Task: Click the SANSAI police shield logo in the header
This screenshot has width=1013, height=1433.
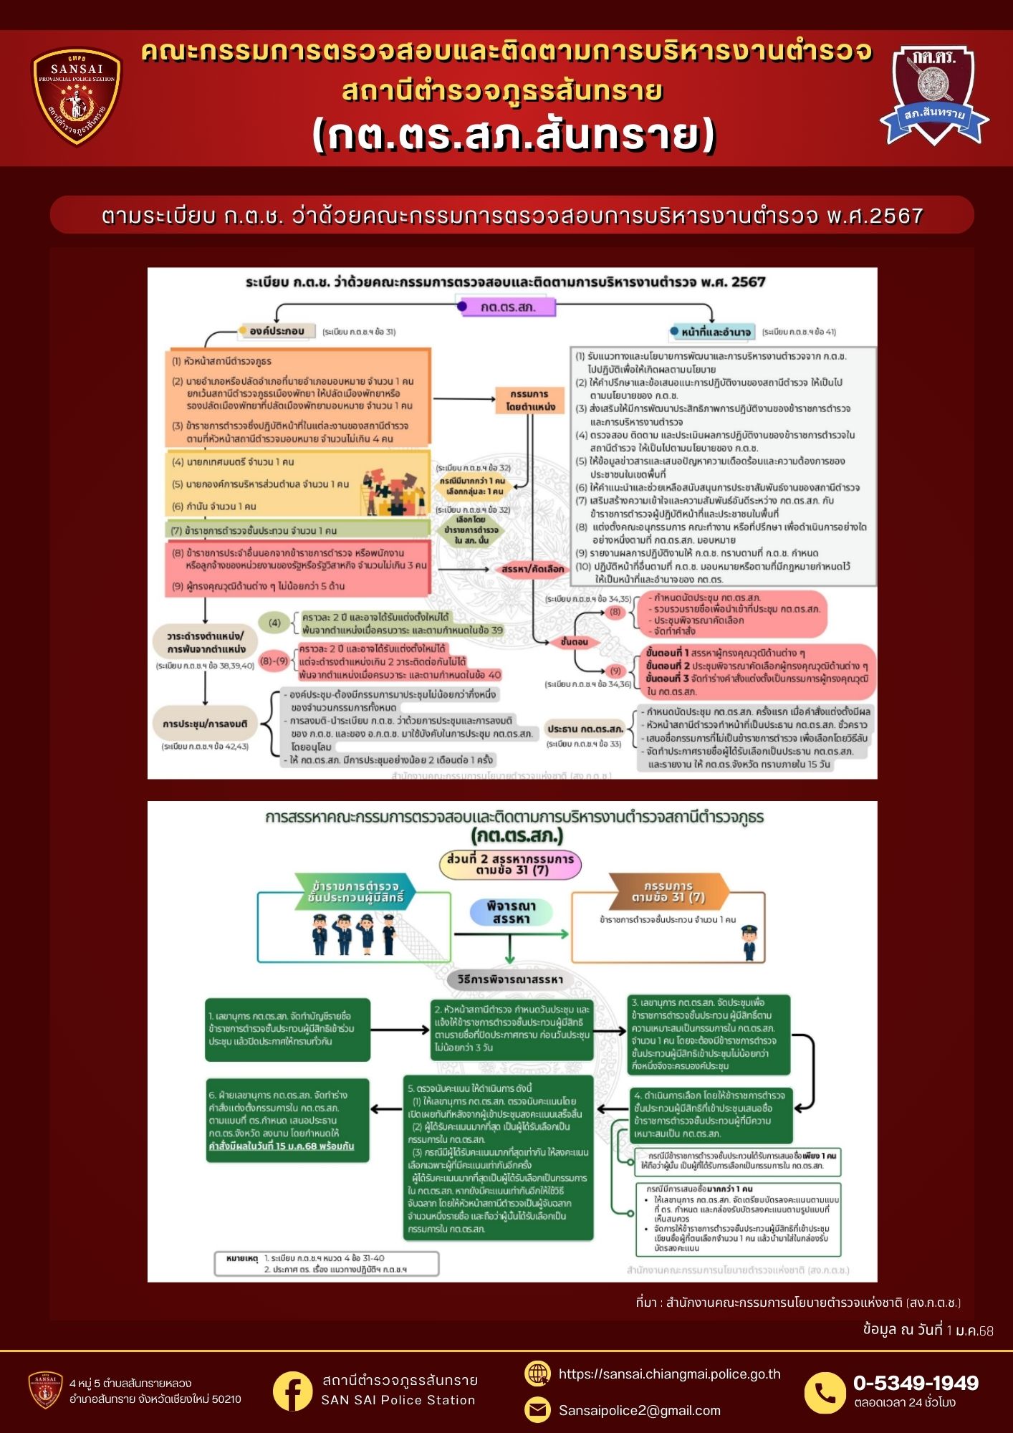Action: point(77,96)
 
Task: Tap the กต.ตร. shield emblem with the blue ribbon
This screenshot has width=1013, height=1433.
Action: point(933,94)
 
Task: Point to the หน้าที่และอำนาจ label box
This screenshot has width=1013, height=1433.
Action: point(714,332)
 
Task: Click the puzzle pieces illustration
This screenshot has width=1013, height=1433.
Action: point(393,492)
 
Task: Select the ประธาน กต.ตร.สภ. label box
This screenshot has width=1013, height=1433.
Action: point(585,729)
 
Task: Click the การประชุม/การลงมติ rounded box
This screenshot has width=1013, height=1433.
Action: point(205,724)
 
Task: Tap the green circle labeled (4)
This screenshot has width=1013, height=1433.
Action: point(274,623)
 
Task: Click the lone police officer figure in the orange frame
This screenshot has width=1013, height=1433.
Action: point(749,941)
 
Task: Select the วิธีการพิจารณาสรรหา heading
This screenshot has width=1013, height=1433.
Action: point(510,979)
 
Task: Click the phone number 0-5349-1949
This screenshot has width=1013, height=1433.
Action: point(915,1383)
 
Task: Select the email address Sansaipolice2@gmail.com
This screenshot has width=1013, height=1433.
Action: point(639,1410)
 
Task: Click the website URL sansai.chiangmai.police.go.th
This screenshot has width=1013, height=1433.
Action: point(669,1374)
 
